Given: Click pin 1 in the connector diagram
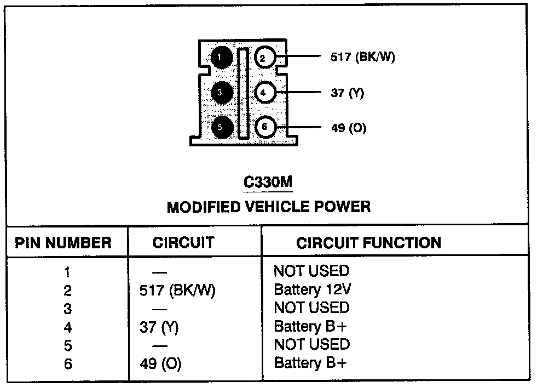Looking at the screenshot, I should pos(219,57).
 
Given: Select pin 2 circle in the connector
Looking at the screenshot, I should pos(263,58).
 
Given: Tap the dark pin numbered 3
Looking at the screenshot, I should pos(219,92).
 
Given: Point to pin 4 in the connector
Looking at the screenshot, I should pos(263,93).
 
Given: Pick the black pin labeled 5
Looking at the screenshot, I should pos(219,127).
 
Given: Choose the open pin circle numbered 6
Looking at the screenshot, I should pos(264,127).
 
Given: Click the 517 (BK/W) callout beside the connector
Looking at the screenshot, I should pos(362,57).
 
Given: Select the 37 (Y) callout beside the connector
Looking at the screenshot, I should pos(347,93).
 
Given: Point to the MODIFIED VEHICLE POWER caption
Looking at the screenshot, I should pos(268,207).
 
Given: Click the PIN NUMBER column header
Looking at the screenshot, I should pos(63,243).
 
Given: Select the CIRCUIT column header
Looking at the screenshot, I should pos(183,243).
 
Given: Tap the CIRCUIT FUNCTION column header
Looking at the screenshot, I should pos(368,243).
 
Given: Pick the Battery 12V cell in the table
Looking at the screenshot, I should pos(310,289).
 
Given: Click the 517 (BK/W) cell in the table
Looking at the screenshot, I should pos(177,291).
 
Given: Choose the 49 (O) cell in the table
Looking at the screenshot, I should pos(161,363).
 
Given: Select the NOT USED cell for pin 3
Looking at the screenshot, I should pos(311,308).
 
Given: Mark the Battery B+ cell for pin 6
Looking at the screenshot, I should pos(310,362).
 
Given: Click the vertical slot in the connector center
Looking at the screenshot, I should pos(243,92).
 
